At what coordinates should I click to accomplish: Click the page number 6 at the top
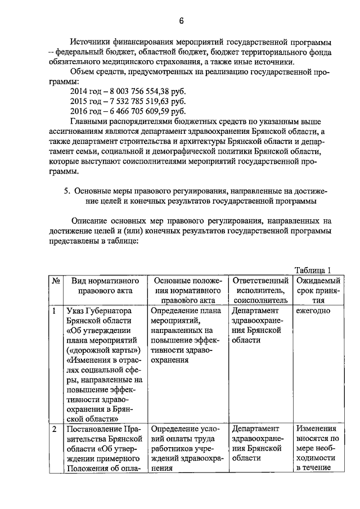tap(182, 21)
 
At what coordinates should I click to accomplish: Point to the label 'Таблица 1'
tap(313, 270)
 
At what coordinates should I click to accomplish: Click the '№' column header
tap(56, 281)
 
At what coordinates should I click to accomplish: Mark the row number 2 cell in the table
tap(55, 428)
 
